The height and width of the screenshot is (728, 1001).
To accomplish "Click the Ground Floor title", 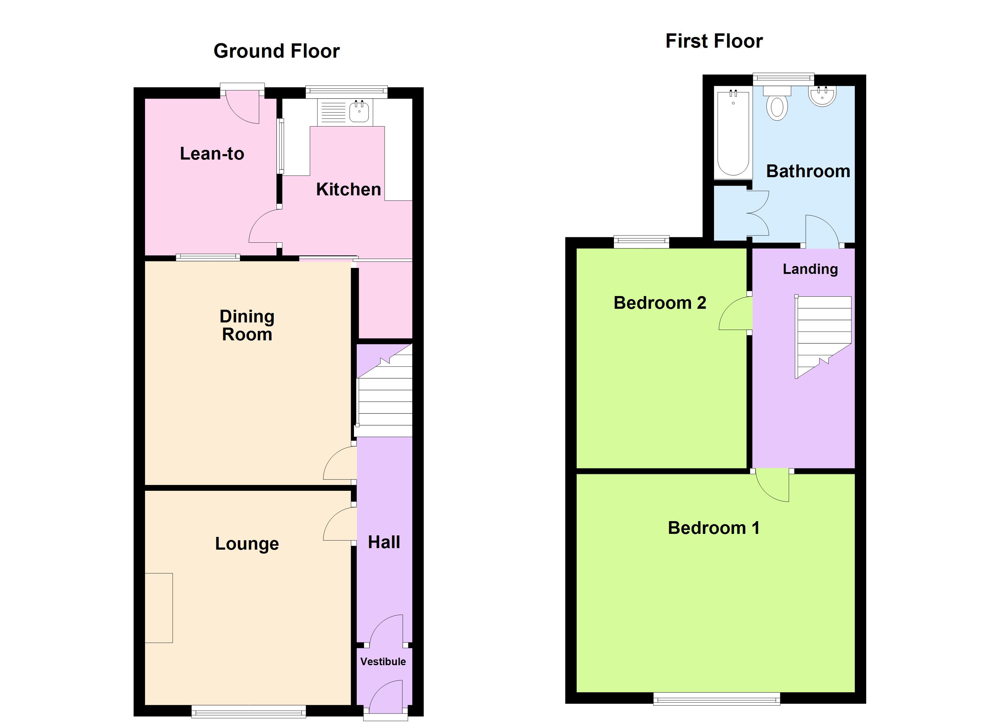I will tap(276, 51).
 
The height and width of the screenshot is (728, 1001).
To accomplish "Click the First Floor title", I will tap(714, 42).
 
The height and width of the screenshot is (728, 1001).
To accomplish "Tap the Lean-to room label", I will tap(212, 153).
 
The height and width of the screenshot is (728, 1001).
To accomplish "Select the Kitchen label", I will tap(348, 189).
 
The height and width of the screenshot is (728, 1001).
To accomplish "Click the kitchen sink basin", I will tap(359, 112).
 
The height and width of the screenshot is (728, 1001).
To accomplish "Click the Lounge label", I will tap(247, 544).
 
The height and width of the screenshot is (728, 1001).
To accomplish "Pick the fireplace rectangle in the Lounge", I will tap(159, 608).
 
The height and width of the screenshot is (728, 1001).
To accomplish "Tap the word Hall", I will tap(384, 542).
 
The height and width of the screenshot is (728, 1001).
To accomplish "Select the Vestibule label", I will tap(383, 661).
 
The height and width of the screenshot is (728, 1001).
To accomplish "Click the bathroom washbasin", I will tap(822, 96).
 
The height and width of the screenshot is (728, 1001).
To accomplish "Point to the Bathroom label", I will tap(808, 171).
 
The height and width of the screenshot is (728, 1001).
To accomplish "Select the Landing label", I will tap(810, 269).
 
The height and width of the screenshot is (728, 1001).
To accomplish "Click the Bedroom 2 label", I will tap(659, 303).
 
